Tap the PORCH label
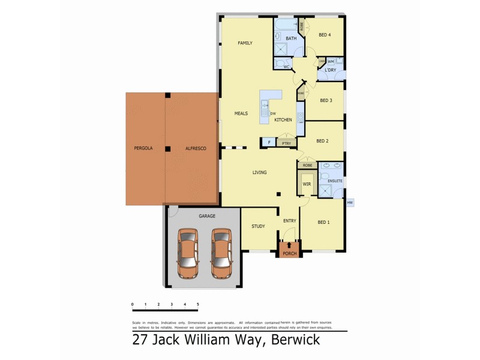[290, 253]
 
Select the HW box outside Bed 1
[349, 203]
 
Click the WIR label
[306, 184]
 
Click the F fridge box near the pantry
[269, 143]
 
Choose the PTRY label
[286, 143]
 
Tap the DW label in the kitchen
[273, 113]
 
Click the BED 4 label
[325, 35]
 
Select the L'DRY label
[330, 70]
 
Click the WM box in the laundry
[331, 61]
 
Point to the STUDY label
[258, 226]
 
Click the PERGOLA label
[143, 148]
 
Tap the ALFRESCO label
[196, 148]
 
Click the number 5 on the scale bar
[197, 305]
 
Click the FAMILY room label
[245, 43]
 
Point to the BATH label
[291, 38]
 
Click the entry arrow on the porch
[290, 245]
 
